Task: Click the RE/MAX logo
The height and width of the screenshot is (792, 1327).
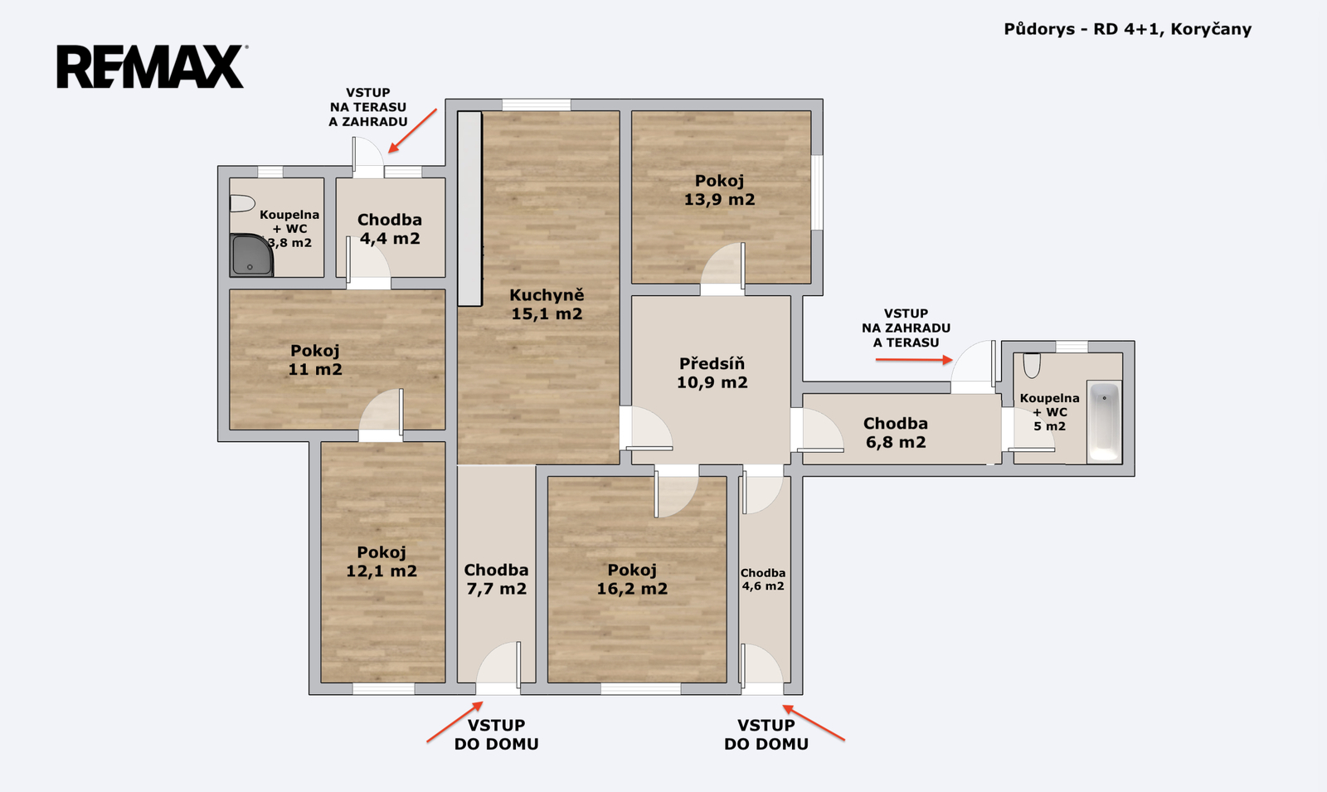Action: (153, 66)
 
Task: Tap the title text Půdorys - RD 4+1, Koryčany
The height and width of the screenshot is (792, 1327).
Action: (1127, 29)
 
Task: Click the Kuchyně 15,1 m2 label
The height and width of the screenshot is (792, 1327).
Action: (547, 304)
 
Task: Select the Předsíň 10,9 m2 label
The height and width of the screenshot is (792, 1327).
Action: (712, 372)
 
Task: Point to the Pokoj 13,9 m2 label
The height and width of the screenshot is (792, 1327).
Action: (719, 190)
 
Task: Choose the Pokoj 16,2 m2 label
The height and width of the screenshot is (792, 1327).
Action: (632, 580)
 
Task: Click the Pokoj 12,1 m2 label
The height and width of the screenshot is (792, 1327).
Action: (382, 561)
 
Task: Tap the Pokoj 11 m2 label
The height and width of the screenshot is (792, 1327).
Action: (315, 360)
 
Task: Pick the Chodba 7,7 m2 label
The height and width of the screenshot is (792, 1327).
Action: (497, 580)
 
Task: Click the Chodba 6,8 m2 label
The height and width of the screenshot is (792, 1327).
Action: (896, 433)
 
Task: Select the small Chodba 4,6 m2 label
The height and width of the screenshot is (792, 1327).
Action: (763, 580)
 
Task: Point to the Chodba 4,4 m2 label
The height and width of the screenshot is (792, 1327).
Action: (390, 229)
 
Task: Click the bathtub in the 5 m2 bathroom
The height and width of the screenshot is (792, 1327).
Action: (1104, 420)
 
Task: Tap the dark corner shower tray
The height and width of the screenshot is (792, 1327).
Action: (251, 255)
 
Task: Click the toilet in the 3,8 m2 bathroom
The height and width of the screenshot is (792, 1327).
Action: (241, 204)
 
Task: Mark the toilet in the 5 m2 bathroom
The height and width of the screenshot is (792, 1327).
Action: (1032, 366)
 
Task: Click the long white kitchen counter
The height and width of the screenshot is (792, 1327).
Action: (469, 208)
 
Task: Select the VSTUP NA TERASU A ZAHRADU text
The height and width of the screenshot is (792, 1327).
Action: (368, 107)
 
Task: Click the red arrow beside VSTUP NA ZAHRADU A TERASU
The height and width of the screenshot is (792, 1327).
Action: (914, 360)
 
